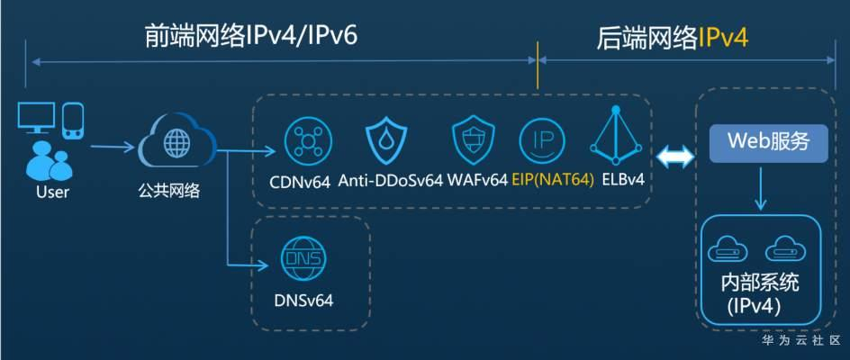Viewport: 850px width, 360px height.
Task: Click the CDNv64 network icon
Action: click(308, 140)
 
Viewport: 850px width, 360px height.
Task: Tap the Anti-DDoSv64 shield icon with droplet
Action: click(388, 140)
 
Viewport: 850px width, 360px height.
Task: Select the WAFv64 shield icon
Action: click(472, 139)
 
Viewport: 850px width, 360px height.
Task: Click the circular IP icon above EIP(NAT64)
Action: click(542, 140)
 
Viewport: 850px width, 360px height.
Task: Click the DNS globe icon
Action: click(302, 259)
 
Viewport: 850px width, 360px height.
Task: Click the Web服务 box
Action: click(768, 143)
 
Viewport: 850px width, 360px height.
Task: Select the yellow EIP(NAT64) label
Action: click(553, 180)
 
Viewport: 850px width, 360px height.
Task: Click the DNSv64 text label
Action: click(303, 300)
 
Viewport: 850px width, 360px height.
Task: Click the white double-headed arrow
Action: click(674, 157)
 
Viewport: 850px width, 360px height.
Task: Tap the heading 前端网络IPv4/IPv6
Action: click(250, 36)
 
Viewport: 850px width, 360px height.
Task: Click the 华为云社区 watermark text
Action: click(800, 341)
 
